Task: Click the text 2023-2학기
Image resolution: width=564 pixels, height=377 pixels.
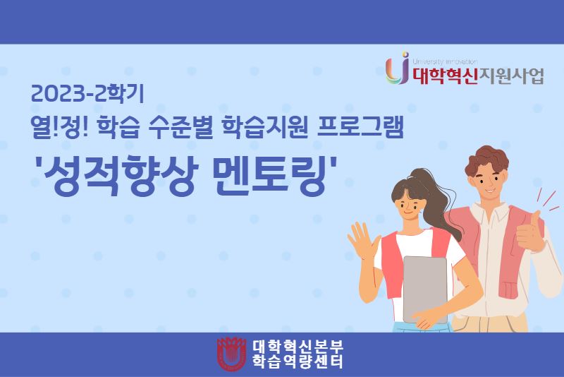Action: click(x=87, y=94)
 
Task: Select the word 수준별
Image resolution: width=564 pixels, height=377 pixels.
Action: click(x=176, y=128)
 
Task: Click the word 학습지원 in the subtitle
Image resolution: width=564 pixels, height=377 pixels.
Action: click(x=265, y=128)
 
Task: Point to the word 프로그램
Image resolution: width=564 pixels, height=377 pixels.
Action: click(x=360, y=128)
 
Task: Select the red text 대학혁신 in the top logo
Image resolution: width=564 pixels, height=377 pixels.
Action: click(x=444, y=76)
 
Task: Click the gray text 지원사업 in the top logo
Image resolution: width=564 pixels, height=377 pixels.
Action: click(x=510, y=76)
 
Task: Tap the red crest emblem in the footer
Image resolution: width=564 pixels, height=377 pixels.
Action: click(x=232, y=354)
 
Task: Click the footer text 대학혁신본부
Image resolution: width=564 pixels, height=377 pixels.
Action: click(x=298, y=347)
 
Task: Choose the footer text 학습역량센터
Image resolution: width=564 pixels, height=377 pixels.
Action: click(x=298, y=361)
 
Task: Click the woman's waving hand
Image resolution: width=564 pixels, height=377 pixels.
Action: click(x=362, y=240)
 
